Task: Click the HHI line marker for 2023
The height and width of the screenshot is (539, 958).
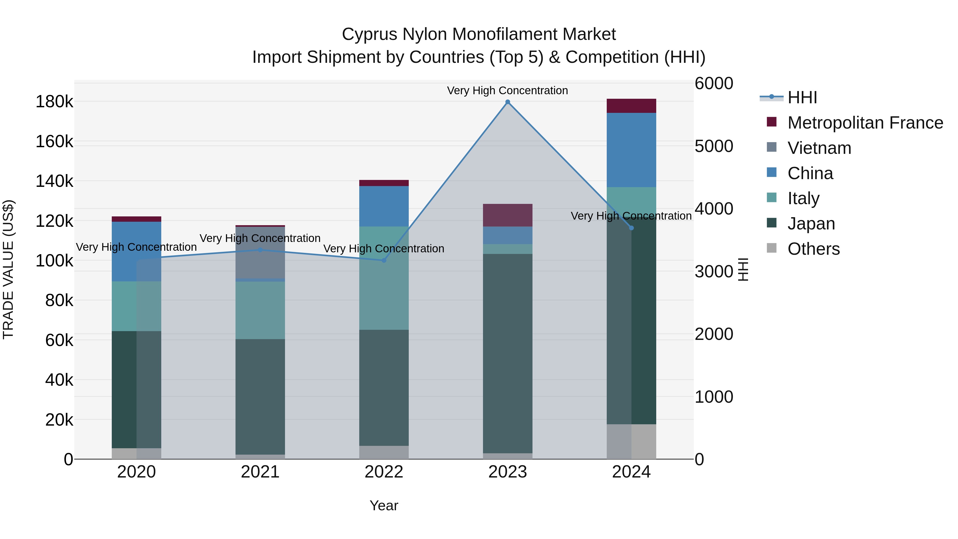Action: [508, 102]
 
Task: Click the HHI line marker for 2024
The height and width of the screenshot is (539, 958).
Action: [631, 228]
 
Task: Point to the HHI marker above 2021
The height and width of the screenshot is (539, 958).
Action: [260, 250]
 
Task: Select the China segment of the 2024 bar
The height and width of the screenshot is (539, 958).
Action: [631, 150]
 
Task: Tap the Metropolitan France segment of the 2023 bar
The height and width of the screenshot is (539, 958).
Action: [508, 215]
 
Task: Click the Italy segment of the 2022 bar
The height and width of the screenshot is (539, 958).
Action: [384, 278]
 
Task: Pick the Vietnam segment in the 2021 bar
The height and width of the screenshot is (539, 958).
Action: [260, 253]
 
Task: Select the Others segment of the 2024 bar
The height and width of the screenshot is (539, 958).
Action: [631, 442]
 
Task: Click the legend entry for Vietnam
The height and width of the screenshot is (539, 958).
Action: [819, 148]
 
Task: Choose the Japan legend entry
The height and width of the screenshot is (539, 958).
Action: [811, 224]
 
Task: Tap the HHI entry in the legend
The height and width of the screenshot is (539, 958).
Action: [802, 97]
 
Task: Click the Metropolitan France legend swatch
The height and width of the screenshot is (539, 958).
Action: [772, 122]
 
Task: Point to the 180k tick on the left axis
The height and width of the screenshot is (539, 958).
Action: [54, 102]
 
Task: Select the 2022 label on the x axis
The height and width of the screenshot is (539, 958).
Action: [384, 472]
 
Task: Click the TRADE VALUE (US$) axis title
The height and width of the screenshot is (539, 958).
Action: [8, 269]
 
